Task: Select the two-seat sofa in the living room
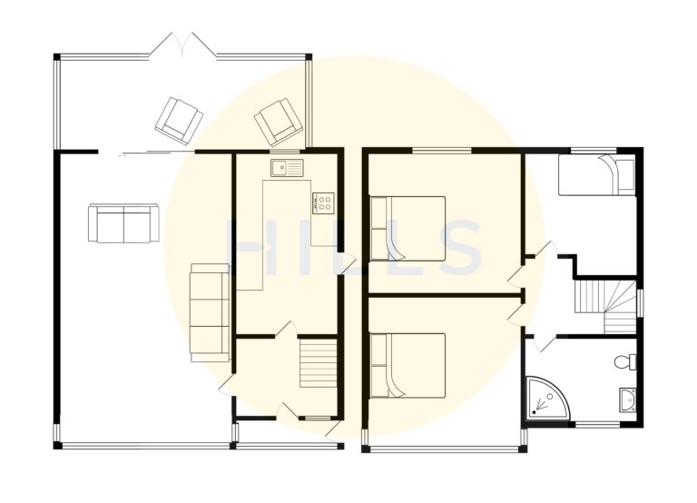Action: pyautogui.click(x=123, y=222)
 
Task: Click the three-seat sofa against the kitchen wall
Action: pyautogui.click(x=210, y=311)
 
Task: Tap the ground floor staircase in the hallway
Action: pyautogui.click(x=318, y=362)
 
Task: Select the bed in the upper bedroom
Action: pyautogui.click(x=407, y=228)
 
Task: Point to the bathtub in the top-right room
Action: pyautogui.click(x=596, y=174)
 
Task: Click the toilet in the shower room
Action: pyautogui.click(x=624, y=363)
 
